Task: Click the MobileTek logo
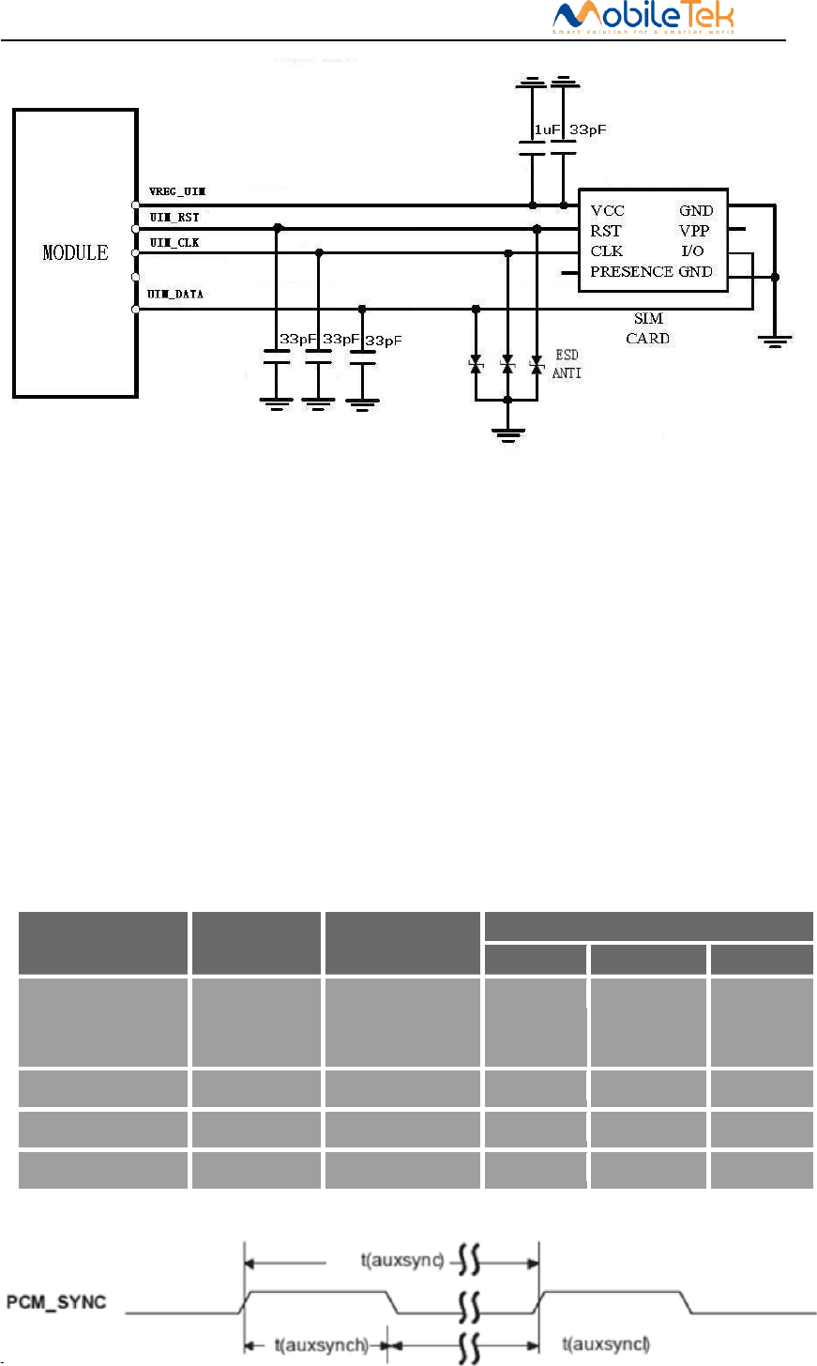pos(643,18)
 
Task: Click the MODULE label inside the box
pos(75,252)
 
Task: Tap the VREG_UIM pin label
pos(177,191)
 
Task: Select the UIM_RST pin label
pos(174,218)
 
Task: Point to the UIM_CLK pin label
pos(174,243)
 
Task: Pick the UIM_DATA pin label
pos(175,295)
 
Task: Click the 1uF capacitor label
pos(547,129)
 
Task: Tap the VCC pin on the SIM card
pos(607,210)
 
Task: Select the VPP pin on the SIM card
pos(694,231)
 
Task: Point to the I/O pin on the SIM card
pos(692,251)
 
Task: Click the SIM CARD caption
pos(648,328)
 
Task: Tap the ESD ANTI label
pos(567,364)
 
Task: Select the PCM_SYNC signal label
pos(56,1302)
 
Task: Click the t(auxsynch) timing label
pos(321,1345)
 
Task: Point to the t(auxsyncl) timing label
pos(606,1345)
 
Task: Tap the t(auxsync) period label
pos(402,1260)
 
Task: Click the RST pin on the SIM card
pos(605,231)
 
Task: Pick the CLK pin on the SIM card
pos(606,251)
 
